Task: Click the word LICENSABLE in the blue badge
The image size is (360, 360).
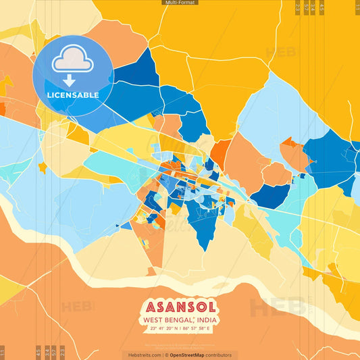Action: pyautogui.click(x=73, y=95)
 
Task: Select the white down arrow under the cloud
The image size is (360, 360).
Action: pyautogui.click(x=69, y=80)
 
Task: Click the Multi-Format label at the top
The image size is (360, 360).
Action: pyautogui.click(x=180, y=3)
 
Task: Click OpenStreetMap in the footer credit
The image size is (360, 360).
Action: pyautogui.click(x=188, y=355)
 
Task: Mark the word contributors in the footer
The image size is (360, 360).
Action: pyautogui.click(x=220, y=355)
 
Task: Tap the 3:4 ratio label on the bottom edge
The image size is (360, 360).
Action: pyautogui.click(x=47, y=352)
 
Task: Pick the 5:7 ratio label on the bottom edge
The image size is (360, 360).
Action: pyautogui.click(x=55, y=352)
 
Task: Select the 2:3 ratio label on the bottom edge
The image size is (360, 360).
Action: pyautogui.click(x=63, y=352)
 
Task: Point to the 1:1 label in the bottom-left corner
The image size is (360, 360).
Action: pyautogui.click(x=3, y=352)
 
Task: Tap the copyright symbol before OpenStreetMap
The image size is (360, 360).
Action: pyautogui.click(x=166, y=355)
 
